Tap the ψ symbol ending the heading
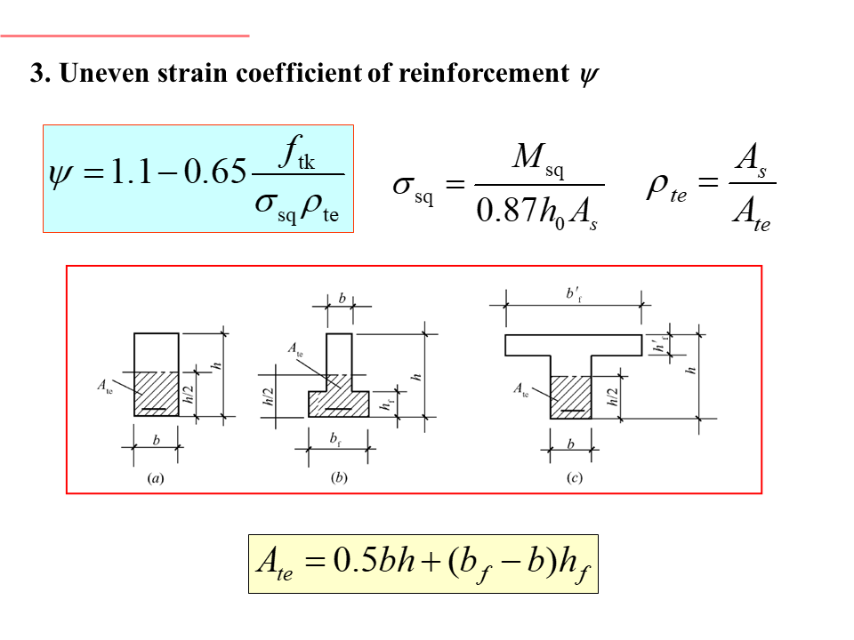[588, 75]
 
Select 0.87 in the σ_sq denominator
[505, 211]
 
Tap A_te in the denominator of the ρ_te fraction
[751, 213]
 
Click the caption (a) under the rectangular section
[155, 477]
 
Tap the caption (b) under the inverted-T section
[339, 477]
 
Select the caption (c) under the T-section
[575, 477]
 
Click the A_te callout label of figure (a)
[104, 387]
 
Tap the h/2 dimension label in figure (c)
[612, 396]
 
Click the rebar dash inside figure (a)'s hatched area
[156, 410]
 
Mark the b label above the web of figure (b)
[342, 299]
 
